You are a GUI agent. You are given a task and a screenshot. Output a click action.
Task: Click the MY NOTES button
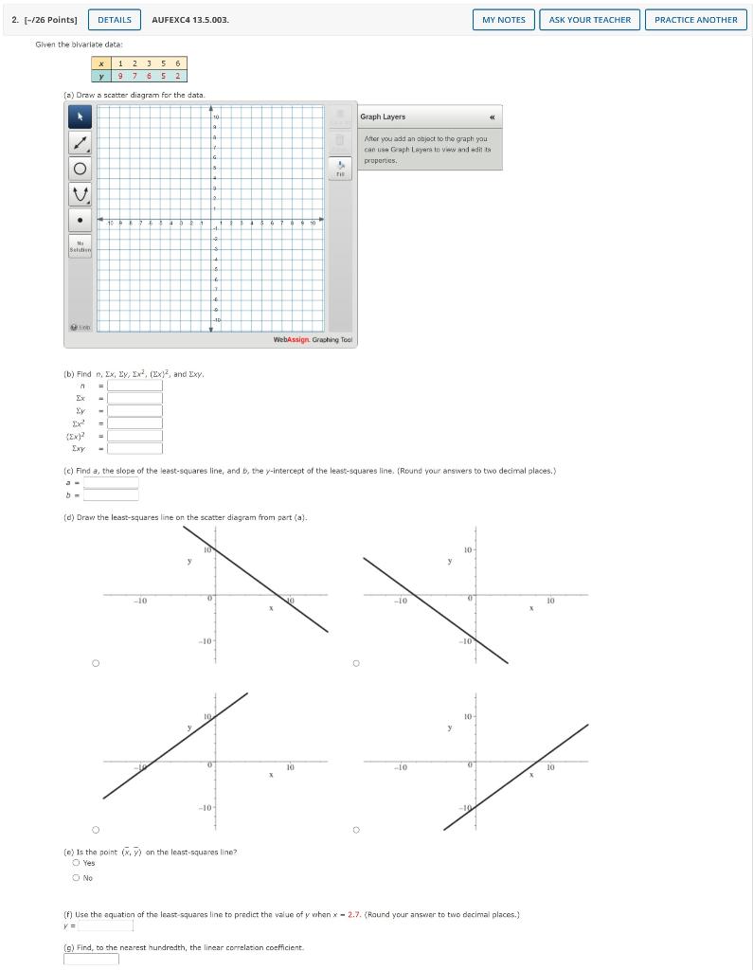(503, 20)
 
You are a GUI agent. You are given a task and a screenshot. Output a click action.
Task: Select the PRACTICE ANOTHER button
(695, 20)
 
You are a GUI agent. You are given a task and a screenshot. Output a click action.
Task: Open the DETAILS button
(115, 20)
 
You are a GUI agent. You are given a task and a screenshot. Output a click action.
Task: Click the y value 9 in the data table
(120, 76)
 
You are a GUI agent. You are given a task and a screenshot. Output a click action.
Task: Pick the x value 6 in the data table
(178, 63)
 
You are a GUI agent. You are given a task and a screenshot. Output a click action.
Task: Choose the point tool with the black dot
(80, 221)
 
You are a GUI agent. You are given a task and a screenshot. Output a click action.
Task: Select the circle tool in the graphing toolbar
(80, 169)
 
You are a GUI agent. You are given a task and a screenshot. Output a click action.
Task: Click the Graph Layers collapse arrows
(491, 117)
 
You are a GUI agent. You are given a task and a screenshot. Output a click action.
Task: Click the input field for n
(134, 386)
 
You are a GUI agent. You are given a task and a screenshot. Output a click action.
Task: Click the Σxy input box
(134, 448)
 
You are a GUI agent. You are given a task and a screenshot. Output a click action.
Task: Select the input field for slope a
(111, 482)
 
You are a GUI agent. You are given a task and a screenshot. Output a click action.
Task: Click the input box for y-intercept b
(111, 494)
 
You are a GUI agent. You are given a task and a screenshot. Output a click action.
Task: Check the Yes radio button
(76, 863)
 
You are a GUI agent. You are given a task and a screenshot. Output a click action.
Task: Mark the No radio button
(76, 878)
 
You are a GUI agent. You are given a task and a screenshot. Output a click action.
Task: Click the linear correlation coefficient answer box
(91, 959)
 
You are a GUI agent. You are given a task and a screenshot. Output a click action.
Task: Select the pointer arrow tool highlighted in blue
(80, 117)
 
